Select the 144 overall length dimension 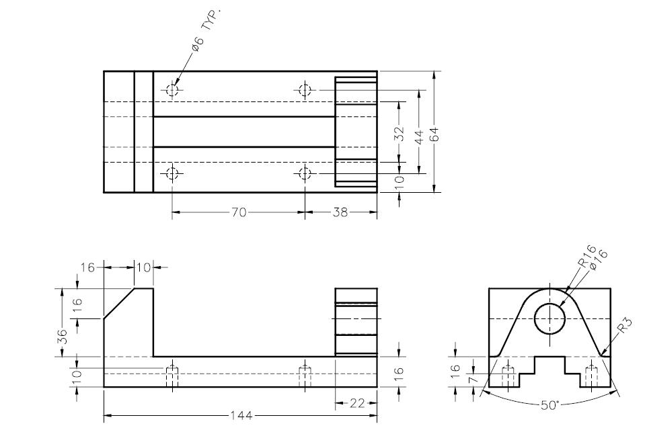click(x=241, y=416)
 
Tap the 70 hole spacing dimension click(x=239, y=212)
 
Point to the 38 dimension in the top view click(x=340, y=212)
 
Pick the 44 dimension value click(x=419, y=137)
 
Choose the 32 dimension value click(x=399, y=134)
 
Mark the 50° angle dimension click(x=549, y=405)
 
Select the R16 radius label click(x=586, y=256)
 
